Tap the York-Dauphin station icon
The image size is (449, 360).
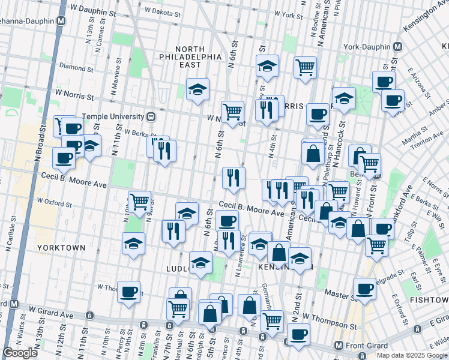[398, 46]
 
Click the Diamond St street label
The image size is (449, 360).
[73, 68]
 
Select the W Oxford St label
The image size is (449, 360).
[55, 202]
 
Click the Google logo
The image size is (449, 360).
[20, 353]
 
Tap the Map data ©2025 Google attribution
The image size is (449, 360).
[412, 355]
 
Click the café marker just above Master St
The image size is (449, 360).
[364, 288]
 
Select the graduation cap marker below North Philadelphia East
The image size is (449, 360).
[197, 89]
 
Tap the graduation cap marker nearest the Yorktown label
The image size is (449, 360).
[133, 243]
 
